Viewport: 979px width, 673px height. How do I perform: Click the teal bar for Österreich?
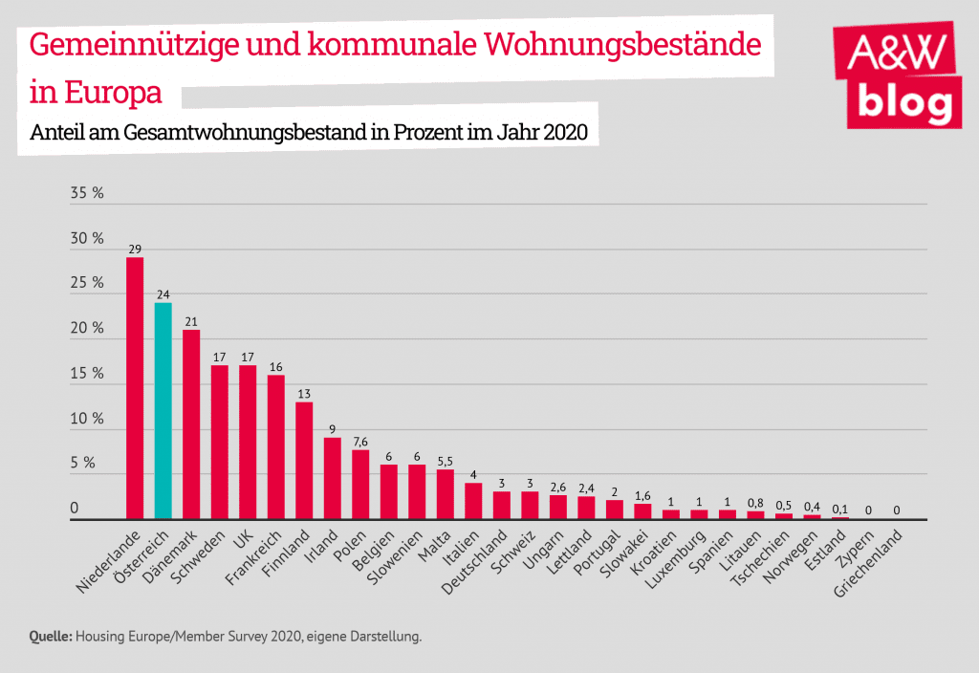163,411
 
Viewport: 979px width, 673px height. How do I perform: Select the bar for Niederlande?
135,388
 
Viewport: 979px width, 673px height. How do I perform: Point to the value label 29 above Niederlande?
135,249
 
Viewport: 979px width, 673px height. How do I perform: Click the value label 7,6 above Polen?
360,442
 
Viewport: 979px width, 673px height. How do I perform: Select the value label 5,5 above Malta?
445,461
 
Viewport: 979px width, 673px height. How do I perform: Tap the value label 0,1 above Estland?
839,509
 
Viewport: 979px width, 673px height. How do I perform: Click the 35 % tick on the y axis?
87,193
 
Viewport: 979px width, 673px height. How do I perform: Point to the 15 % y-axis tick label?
87,373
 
